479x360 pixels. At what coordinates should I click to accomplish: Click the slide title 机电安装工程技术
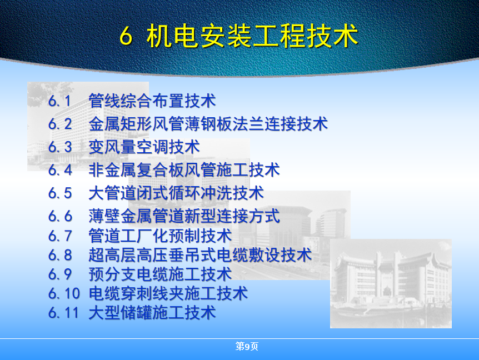point(252,36)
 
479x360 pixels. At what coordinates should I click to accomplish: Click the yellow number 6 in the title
point(126,36)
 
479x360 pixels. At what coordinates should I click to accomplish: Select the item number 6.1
point(59,101)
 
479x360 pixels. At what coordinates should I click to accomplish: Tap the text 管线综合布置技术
point(152,101)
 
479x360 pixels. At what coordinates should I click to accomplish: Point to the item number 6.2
point(60,124)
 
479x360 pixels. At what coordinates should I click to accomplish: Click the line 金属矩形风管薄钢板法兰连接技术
point(208,124)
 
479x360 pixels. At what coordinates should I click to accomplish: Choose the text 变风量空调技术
point(144,147)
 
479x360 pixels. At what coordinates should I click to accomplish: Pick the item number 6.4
point(60,170)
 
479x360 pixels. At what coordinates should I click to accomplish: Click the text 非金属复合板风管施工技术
point(184,170)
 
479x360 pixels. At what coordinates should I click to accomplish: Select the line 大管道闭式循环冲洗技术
point(176,193)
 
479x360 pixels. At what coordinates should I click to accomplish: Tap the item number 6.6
point(60,216)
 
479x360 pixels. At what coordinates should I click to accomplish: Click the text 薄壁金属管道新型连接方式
point(184,216)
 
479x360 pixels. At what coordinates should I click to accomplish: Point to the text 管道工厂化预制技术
point(160,236)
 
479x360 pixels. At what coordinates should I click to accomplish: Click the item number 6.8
point(60,255)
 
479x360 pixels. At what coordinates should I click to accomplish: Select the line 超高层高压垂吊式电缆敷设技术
point(200,255)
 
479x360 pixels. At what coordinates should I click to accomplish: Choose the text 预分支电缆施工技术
point(160,274)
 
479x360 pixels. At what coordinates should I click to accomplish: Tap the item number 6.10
point(64,294)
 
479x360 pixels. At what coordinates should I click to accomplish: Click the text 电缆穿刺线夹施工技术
point(168,293)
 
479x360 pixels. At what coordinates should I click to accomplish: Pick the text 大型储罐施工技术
point(152,313)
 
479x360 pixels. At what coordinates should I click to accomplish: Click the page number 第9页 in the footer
point(247,346)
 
